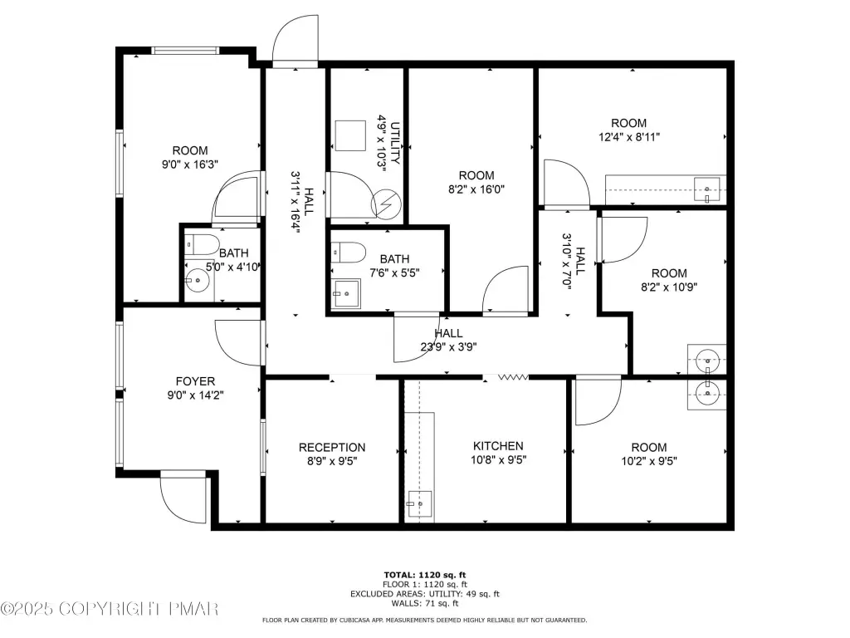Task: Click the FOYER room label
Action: click(195, 381)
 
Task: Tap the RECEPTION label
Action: click(332, 448)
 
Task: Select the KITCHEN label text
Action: click(498, 446)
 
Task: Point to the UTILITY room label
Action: click(396, 143)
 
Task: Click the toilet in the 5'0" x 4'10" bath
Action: click(202, 245)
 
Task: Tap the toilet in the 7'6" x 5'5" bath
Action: click(348, 253)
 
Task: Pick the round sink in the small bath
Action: click(197, 281)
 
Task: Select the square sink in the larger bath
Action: click(346, 293)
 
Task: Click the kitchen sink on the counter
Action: click(419, 504)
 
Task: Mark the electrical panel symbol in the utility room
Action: click(386, 204)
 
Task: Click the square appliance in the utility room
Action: click(350, 135)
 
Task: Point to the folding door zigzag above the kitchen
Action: click(513, 376)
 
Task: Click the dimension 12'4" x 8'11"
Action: click(629, 137)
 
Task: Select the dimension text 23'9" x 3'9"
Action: click(448, 347)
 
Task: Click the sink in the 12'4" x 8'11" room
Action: click(707, 190)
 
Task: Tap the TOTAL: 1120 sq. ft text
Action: click(425, 575)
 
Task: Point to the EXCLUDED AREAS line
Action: click(425, 594)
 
